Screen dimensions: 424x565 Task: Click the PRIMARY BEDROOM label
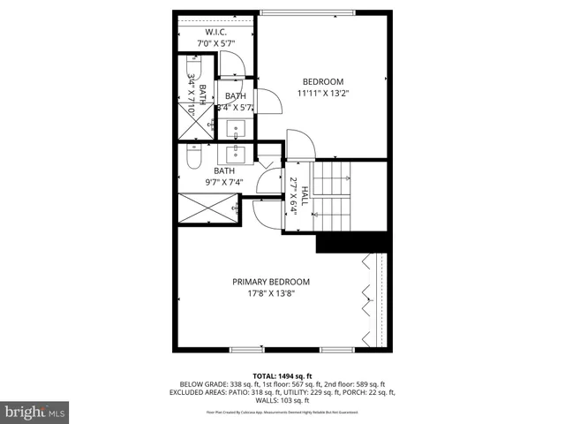tap(271, 282)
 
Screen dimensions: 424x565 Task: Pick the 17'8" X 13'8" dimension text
tap(271, 293)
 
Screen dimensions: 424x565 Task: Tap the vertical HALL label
tap(304, 195)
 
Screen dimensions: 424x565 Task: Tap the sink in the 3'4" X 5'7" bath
tap(237, 130)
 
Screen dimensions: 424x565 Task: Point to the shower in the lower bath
tap(207, 212)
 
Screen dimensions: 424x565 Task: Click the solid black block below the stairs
tap(352, 242)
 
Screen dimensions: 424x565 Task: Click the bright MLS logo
tap(34, 412)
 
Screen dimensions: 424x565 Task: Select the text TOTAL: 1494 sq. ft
tap(282, 375)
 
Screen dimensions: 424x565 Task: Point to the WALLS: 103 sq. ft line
tap(282, 399)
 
